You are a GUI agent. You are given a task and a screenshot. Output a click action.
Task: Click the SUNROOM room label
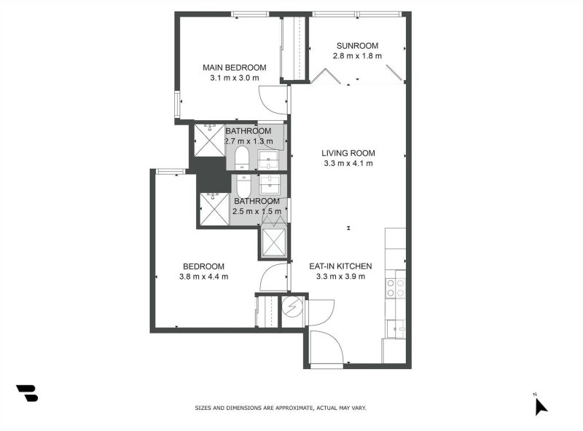tap(356, 45)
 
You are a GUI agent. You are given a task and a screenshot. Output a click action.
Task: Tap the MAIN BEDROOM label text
tap(234, 67)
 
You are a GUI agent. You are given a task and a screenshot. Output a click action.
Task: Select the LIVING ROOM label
tap(348, 153)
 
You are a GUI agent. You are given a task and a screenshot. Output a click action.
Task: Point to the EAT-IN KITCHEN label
tap(345, 266)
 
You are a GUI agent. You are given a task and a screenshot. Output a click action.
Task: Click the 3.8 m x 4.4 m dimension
tap(203, 277)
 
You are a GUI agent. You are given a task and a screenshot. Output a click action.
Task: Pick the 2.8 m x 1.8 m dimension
tap(356, 56)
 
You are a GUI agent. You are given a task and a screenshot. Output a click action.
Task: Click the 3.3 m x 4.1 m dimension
tap(348, 164)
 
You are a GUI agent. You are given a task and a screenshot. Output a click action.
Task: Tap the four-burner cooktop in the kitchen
tap(396, 288)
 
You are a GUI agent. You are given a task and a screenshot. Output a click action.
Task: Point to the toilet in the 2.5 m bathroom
tap(243, 183)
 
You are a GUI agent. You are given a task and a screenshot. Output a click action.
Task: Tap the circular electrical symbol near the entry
tap(292, 307)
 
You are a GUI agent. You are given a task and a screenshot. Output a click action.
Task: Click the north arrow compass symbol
tap(539, 405)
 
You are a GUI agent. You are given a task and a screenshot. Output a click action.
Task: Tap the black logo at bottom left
tap(27, 393)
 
